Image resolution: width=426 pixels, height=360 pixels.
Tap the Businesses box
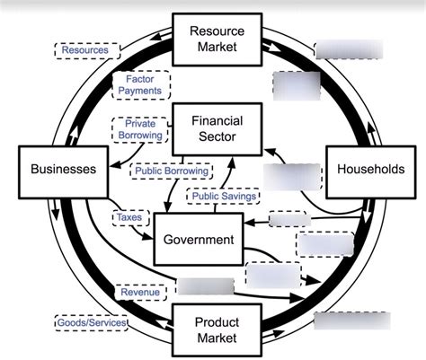[63, 168]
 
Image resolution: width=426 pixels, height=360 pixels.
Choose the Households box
[370, 168]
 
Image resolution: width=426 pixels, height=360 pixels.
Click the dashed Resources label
[85, 50]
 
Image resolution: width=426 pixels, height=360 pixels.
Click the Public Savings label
[223, 196]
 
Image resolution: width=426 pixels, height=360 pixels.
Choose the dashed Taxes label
[128, 217]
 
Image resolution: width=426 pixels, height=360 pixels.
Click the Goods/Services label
[90, 321]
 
